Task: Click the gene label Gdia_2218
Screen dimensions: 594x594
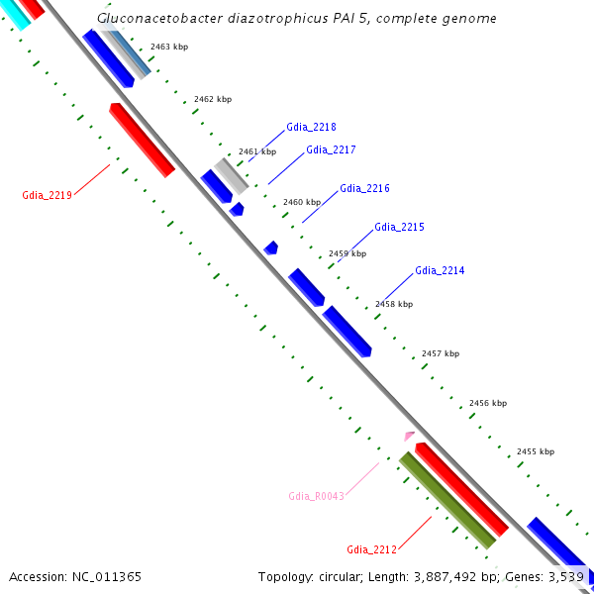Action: pos(311,127)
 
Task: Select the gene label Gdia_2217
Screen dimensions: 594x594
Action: pos(331,149)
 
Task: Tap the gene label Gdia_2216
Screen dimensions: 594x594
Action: pos(364,188)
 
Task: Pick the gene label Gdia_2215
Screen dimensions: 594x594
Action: pos(399,227)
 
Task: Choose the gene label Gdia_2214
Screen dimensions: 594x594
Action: pos(440,270)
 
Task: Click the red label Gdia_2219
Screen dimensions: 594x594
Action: pos(47,195)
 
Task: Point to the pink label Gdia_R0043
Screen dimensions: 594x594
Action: pos(316,495)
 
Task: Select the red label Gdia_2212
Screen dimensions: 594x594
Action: pos(371,549)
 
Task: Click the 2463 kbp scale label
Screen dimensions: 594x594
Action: pos(169,47)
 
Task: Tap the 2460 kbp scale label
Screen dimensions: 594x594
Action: pos(302,202)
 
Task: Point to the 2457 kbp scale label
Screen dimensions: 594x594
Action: pos(441,353)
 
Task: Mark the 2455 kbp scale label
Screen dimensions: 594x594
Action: pos(536,451)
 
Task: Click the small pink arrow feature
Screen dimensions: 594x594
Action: pos(409,436)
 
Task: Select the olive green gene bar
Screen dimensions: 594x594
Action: pos(446,500)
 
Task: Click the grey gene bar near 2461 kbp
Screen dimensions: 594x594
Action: pos(232,175)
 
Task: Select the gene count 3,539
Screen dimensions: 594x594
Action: pos(564,576)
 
